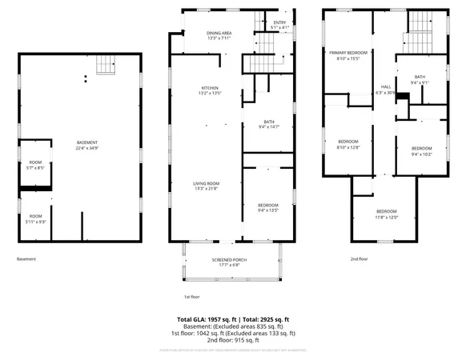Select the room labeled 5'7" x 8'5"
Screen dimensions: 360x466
pos(35,166)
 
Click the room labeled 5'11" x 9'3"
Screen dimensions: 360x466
pos(36,218)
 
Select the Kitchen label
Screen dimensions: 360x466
pos(210,90)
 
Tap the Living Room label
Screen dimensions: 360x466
pos(206,186)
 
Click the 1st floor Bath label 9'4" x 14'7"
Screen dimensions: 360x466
pos(269,124)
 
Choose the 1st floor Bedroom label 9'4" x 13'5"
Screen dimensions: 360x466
pos(269,206)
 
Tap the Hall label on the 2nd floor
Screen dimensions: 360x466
pos(386,90)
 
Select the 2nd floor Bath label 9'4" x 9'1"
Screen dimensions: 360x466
pos(420,79)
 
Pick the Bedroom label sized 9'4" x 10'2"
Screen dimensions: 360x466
pos(422,151)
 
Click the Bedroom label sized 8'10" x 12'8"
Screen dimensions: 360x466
pos(348,144)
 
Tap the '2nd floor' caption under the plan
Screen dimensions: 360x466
pos(359,258)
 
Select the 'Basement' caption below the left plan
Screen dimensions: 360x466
pos(26,258)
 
